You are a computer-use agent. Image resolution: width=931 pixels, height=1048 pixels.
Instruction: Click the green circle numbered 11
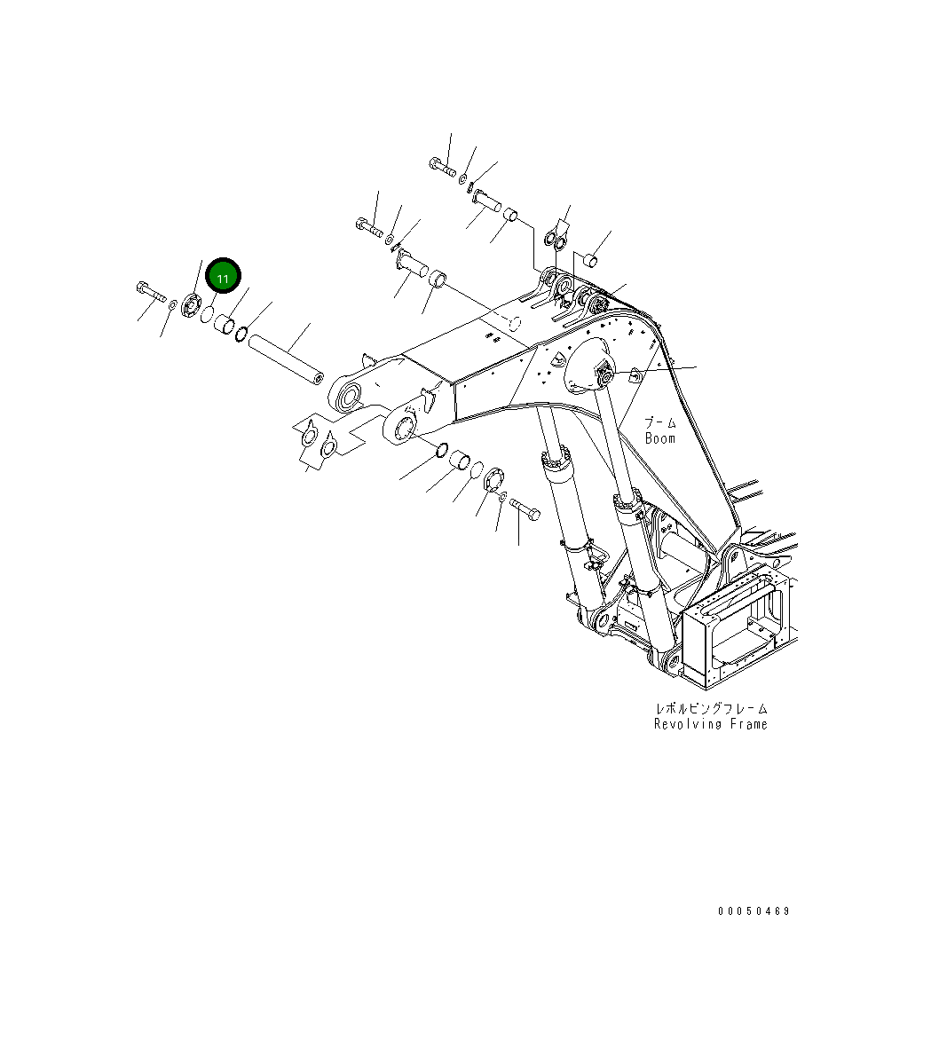click(x=223, y=278)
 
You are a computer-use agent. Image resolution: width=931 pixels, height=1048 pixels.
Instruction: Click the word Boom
click(x=659, y=438)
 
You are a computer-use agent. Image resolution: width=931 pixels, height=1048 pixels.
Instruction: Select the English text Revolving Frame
click(x=710, y=724)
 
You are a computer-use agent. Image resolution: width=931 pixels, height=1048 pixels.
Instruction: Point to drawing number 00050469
click(x=753, y=911)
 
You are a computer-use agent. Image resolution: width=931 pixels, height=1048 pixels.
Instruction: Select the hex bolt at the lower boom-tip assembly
click(x=525, y=509)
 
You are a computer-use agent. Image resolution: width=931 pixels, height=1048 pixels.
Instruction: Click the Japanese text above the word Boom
click(x=659, y=423)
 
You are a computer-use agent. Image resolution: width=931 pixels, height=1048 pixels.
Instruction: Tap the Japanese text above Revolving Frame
click(x=710, y=708)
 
